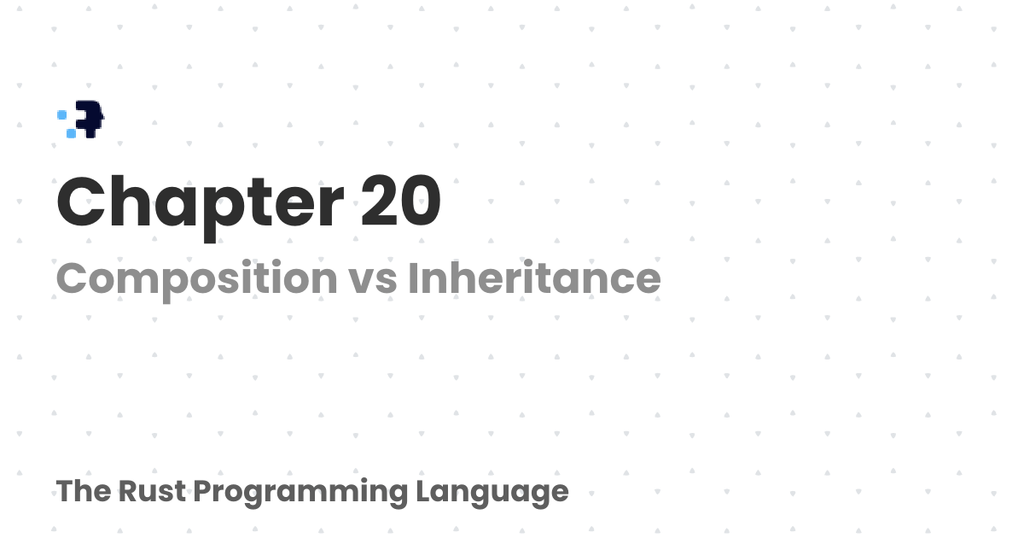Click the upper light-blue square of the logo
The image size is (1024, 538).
(x=62, y=114)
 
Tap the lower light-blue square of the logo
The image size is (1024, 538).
(x=71, y=133)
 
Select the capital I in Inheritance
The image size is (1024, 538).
(x=412, y=278)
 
